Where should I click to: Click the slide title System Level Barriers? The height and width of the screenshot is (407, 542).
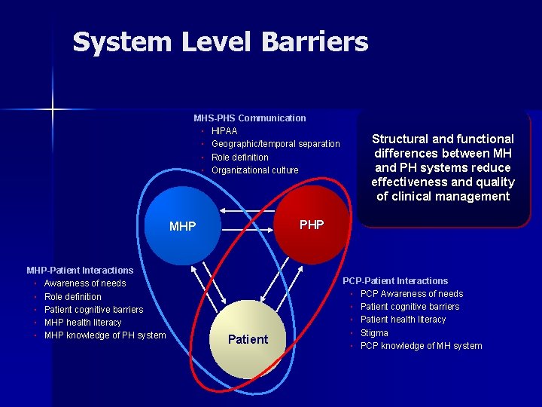[x=220, y=42]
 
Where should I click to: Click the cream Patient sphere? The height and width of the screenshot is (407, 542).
[x=248, y=339]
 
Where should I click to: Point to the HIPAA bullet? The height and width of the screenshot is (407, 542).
[x=224, y=131]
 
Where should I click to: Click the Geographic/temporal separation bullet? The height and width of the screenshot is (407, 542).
[x=276, y=144]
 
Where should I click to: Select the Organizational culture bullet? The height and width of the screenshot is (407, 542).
[x=254, y=170]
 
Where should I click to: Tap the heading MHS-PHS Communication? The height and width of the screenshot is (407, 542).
[x=249, y=118]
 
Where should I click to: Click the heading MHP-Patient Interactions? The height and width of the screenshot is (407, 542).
[x=80, y=270]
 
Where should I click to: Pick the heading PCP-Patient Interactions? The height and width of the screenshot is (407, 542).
[x=395, y=280]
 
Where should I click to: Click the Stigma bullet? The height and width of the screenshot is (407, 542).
[x=374, y=332]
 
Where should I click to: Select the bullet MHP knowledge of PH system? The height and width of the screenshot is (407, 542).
[x=105, y=335]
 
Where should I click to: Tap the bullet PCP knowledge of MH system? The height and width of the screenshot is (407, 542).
[x=421, y=346]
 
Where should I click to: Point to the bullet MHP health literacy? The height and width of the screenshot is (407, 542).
[x=83, y=323]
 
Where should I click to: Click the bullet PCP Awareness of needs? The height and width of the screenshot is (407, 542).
[x=411, y=294]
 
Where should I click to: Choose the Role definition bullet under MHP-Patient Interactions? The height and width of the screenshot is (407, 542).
[x=72, y=296]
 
